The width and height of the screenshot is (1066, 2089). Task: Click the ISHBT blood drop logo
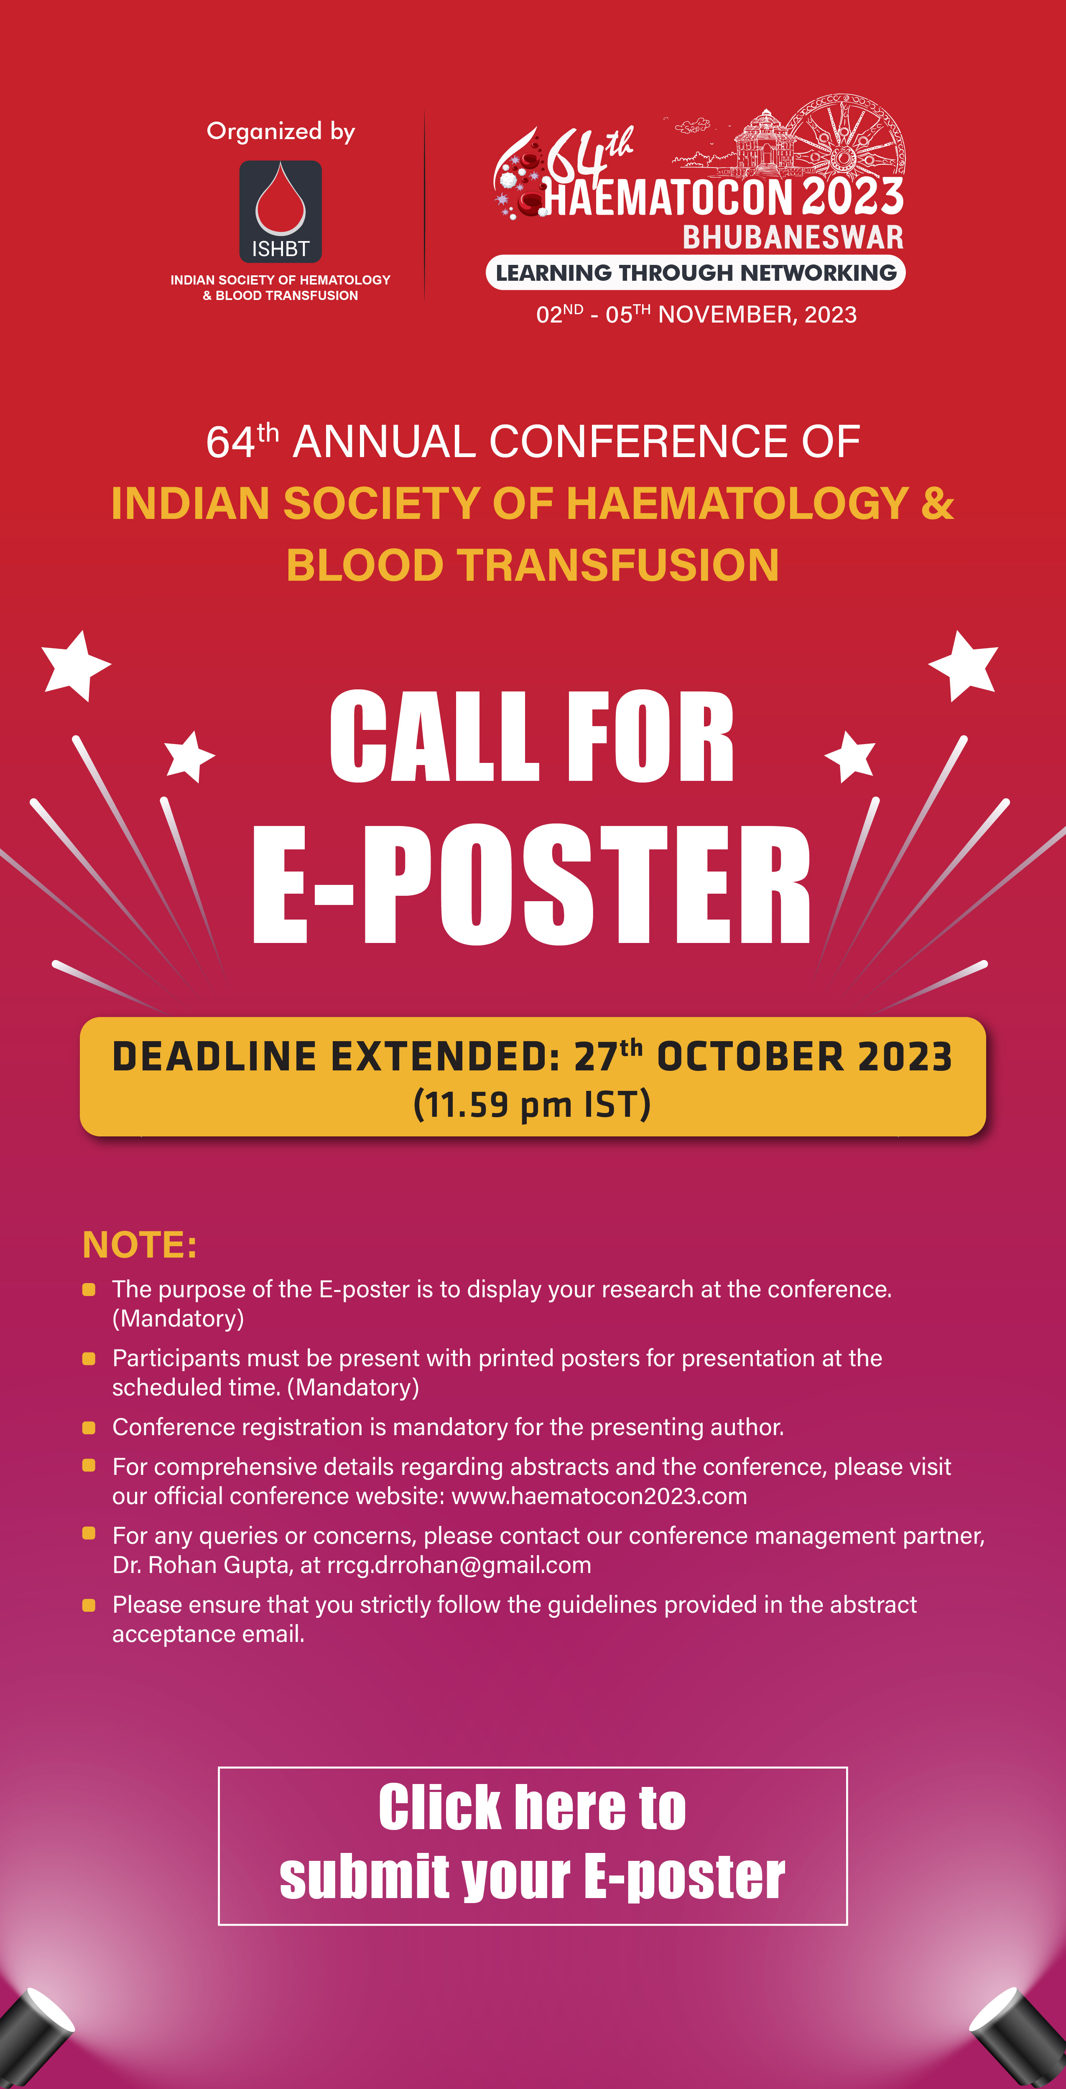[x=280, y=211]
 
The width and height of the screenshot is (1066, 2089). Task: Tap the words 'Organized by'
[x=281, y=131]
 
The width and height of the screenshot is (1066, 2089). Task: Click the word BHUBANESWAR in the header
[x=793, y=237]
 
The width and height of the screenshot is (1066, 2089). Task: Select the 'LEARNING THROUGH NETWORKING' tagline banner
[x=695, y=272]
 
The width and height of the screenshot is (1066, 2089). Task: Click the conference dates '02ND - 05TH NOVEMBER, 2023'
[x=696, y=314]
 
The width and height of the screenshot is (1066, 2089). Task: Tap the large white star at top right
[x=964, y=665]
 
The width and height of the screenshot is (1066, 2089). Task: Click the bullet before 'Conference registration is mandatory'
[x=89, y=1427]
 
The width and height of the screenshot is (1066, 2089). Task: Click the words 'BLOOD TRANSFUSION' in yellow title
[x=533, y=565]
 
